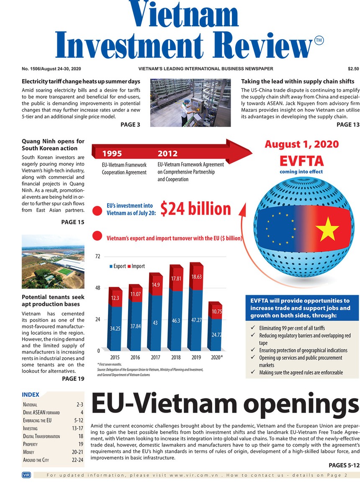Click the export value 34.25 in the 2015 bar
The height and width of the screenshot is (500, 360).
pyautogui.click(x=115, y=328)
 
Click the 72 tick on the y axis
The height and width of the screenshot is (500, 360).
pyautogui.click(x=98, y=256)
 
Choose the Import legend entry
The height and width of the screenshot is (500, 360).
pyautogui.click(x=138, y=266)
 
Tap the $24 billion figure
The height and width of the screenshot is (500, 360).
pyautogui.click(x=195, y=209)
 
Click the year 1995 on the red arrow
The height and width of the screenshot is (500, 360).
pyautogui.click(x=112, y=154)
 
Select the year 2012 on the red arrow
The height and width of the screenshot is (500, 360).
pyautogui.click(x=167, y=154)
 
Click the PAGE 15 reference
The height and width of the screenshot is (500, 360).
pyautogui.click(x=72, y=222)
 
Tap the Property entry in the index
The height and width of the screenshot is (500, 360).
pyautogui.click(x=30, y=444)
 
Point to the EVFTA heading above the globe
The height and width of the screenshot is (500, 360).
pyautogui.click(x=301, y=161)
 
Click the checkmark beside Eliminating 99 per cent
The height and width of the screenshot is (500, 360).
pyautogui.click(x=252, y=328)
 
